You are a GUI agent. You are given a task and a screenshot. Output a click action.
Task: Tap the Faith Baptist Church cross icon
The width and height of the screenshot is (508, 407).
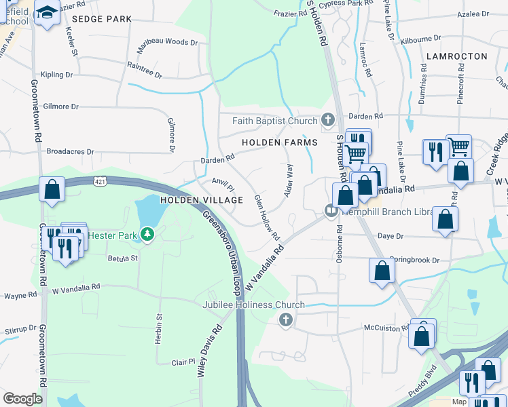coord(328,121)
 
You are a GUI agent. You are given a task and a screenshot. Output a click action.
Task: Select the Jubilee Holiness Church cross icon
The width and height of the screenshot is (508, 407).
coord(286,319)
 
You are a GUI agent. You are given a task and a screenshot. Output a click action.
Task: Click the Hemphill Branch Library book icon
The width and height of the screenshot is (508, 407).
coord(331,210)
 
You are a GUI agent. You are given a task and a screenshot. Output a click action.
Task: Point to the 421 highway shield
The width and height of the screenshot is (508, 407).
coord(100,181)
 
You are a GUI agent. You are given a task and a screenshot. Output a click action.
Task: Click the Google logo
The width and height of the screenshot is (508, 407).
coord(22,399)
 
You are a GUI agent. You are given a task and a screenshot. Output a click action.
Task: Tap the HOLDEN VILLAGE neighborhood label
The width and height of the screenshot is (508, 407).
coord(201,200)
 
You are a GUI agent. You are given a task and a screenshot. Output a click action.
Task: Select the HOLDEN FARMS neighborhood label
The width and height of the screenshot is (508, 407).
coord(280,142)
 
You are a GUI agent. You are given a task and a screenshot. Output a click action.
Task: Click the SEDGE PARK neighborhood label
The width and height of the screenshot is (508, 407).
coord(101,19)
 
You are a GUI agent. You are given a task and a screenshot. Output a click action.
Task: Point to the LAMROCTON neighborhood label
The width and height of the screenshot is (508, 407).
coord(456,56)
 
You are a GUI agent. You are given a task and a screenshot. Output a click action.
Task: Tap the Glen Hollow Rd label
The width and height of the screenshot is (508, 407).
coord(267,218)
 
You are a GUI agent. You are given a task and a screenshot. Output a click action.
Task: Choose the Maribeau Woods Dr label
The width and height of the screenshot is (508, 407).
coord(167,42)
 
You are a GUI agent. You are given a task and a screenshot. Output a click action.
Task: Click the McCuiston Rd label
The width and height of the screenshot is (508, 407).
coord(386,327)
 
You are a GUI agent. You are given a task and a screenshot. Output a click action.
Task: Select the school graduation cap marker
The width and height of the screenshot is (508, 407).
coord(47,14)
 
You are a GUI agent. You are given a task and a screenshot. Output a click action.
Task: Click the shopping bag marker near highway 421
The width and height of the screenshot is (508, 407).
coord(52,191)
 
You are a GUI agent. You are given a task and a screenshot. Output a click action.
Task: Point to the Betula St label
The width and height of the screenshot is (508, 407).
coord(123,258)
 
